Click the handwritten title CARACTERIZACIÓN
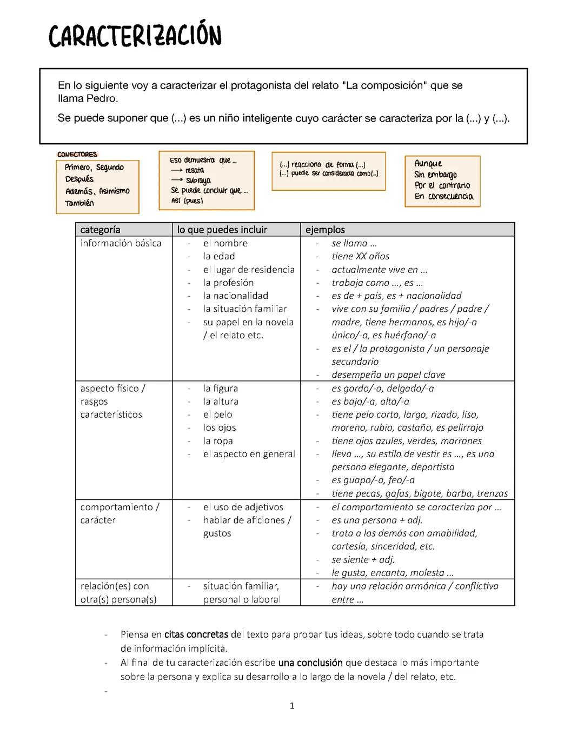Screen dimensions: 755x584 pyautogui.click(x=135, y=37)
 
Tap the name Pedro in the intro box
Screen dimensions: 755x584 pyautogui.click(x=101, y=99)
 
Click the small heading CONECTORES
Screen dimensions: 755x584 pyautogui.click(x=77, y=155)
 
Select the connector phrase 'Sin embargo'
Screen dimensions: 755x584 pyautogui.click(x=435, y=175)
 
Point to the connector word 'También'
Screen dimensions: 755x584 pyautogui.click(x=79, y=203)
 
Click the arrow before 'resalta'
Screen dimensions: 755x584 pyautogui.click(x=176, y=171)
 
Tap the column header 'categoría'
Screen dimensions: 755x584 pyautogui.click(x=100, y=230)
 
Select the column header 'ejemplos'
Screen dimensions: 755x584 pyautogui.click(x=325, y=230)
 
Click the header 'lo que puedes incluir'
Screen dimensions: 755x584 pyautogui.click(x=222, y=230)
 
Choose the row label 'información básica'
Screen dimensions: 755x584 pyautogui.click(x=121, y=243)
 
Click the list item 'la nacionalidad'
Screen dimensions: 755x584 pyautogui.click(x=236, y=296)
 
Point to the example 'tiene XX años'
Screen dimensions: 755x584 pyautogui.click(x=360, y=256)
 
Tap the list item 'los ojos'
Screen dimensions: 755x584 pyautogui.click(x=220, y=427)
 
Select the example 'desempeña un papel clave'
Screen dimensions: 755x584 pyautogui.click(x=388, y=375)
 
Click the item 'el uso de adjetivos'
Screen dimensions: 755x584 pyautogui.click(x=243, y=507)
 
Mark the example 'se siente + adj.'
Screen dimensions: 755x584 pyautogui.click(x=363, y=559)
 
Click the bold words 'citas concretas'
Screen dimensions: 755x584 pyautogui.click(x=197, y=634)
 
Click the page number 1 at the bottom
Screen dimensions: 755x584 pyautogui.click(x=292, y=706)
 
